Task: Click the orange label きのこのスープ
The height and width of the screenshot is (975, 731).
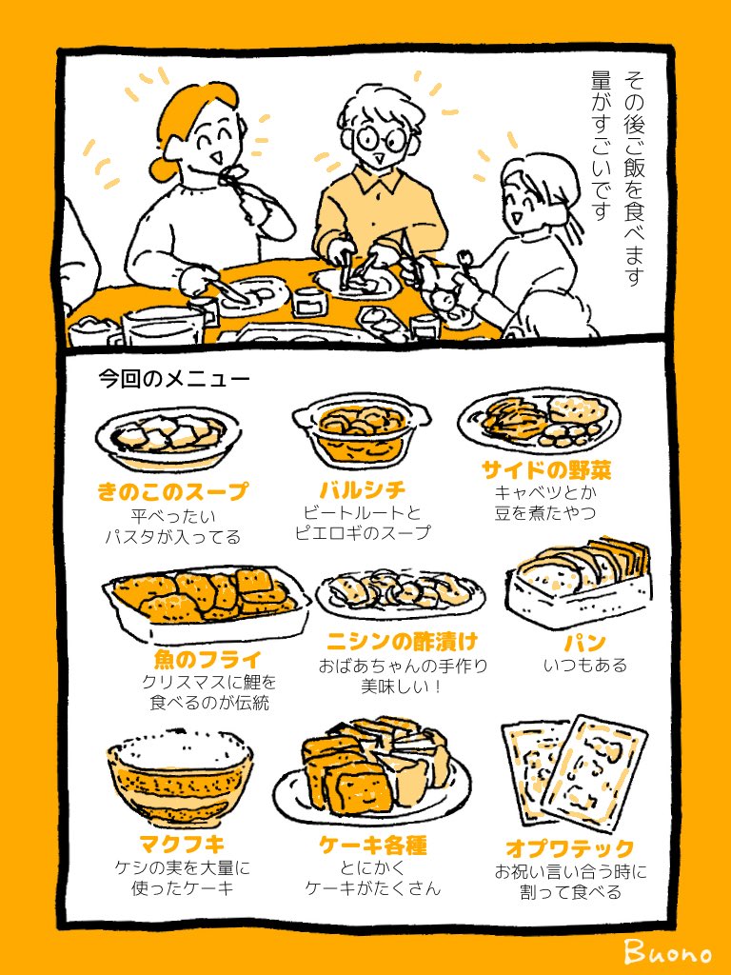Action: click(173, 491)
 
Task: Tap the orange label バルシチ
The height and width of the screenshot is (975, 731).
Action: click(363, 490)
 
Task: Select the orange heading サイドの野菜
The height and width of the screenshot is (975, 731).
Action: click(539, 469)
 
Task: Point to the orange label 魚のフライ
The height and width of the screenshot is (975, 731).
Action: click(207, 659)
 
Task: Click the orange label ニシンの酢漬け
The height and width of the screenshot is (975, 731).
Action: click(403, 641)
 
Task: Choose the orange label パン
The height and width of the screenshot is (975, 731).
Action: click(585, 643)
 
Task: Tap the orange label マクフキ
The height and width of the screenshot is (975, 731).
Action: click(182, 844)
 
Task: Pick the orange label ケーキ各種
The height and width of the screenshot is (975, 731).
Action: click(373, 846)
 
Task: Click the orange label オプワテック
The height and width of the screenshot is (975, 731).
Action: click(570, 847)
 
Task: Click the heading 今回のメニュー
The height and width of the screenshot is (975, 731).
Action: click(174, 379)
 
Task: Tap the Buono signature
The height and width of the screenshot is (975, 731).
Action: click(667, 951)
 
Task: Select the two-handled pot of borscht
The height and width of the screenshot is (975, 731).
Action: click(362, 428)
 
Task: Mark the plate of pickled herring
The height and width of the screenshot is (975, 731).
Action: click(401, 595)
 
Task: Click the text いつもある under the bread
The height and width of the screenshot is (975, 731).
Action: click(585, 666)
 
